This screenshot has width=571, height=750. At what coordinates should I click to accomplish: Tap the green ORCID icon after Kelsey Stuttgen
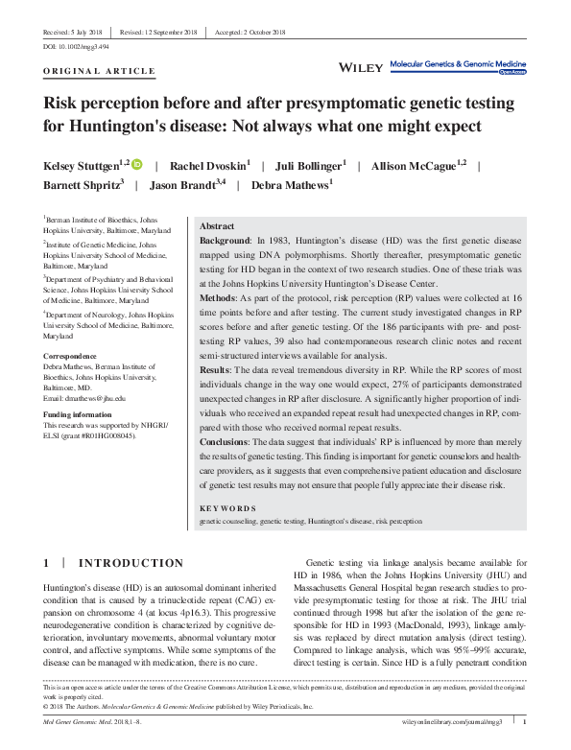[x=137, y=165]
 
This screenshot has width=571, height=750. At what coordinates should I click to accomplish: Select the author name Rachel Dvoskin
[x=208, y=165]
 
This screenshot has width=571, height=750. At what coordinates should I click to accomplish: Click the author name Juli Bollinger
[x=310, y=165]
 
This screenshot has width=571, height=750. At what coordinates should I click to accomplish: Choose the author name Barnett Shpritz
[x=82, y=186]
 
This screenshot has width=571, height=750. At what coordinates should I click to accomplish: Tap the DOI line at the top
[x=76, y=46]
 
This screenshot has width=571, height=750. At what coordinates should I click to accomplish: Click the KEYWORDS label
[x=227, y=507]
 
